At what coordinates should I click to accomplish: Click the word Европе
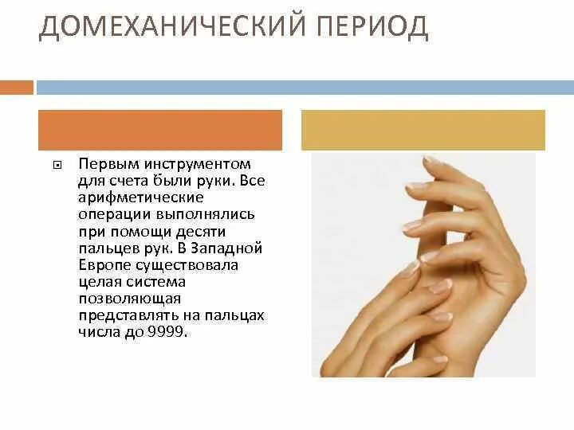click(x=101, y=265)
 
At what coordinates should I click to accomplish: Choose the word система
click(x=159, y=282)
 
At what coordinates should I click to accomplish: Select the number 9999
click(x=168, y=332)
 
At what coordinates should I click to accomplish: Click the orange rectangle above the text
click(x=160, y=130)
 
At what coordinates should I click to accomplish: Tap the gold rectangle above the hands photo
click(x=423, y=130)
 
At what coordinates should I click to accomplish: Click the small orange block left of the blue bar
click(x=17, y=87)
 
